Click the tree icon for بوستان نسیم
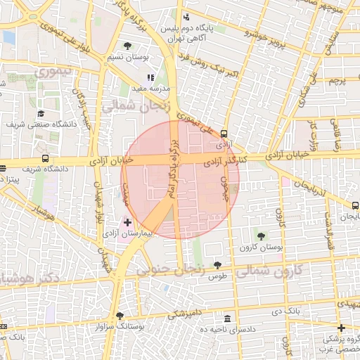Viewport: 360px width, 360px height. pyautogui.click(x=127, y=46)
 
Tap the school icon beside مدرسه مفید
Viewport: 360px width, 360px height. pyautogui.click(x=150, y=77)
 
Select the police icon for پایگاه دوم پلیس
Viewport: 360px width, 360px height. pyautogui.click(x=186, y=18)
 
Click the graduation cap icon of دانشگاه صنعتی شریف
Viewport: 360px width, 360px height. pyautogui.click(x=41, y=113)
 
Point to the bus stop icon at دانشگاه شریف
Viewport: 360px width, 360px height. pyautogui.click(x=46, y=159)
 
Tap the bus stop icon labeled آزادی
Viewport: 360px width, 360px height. pyautogui.click(x=224, y=133)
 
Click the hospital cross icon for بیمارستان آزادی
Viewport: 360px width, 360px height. pyautogui.click(x=127, y=221)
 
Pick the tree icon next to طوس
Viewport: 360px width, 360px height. pyautogui.click(x=217, y=265)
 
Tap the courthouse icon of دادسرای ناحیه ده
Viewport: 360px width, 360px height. pyautogui.click(x=226, y=318)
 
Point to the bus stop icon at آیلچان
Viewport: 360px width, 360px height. pyautogui.click(x=354, y=205)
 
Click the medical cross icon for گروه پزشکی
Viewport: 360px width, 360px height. pyautogui.click(x=341, y=328)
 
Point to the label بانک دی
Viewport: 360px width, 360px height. pyautogui.click(x=288, y=309)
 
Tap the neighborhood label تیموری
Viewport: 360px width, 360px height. pyautogui.click(x=52, y=71)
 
